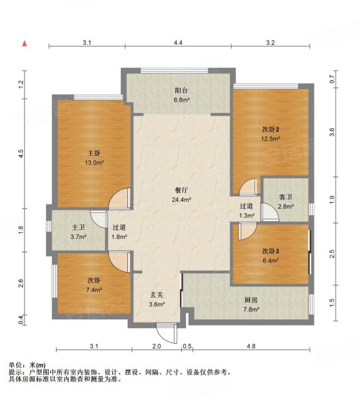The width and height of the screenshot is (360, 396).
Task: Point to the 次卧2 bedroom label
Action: (x=272, y=129)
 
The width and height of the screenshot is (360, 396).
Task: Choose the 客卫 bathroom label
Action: (x=285, y=197)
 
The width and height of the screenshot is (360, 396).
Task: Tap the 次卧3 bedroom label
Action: (x=271, y=251)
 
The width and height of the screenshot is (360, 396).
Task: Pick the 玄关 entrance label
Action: (x=156, y=294)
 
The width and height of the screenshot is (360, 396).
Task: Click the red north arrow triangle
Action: (x=24, y=44)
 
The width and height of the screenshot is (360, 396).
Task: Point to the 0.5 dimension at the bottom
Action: (x=187, y=346)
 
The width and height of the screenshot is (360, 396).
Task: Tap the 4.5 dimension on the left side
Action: (x=21, y=153)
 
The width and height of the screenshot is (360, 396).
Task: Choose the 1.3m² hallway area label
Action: (x=247, y=215)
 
